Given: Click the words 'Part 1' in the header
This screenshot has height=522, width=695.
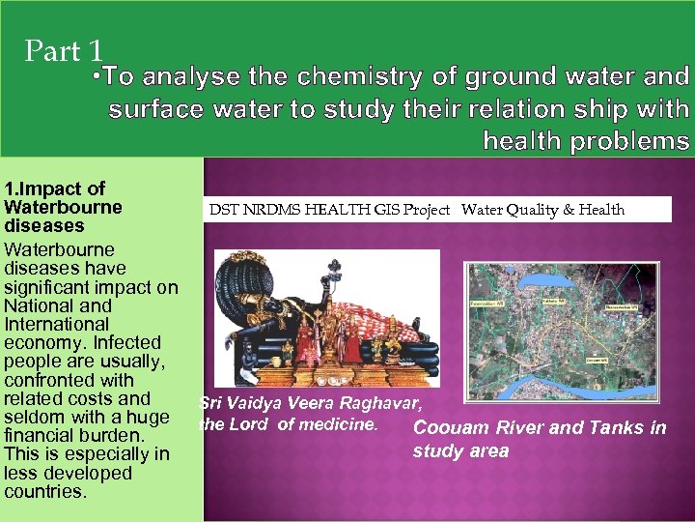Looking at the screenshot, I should [x=64, y=50].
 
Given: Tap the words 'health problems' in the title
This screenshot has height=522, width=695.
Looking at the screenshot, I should [x=586, y=141].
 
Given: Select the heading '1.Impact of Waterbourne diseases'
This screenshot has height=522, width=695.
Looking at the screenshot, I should [x=64, y=207].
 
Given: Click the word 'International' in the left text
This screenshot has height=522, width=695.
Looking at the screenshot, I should [x=57, y=324].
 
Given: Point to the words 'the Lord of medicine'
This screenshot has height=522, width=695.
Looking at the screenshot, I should [x=288, y=422].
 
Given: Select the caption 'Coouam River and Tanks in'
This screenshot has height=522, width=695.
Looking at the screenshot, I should [x=539, y=428].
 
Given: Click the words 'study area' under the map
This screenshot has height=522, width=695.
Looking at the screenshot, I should [x=460, y=451].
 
